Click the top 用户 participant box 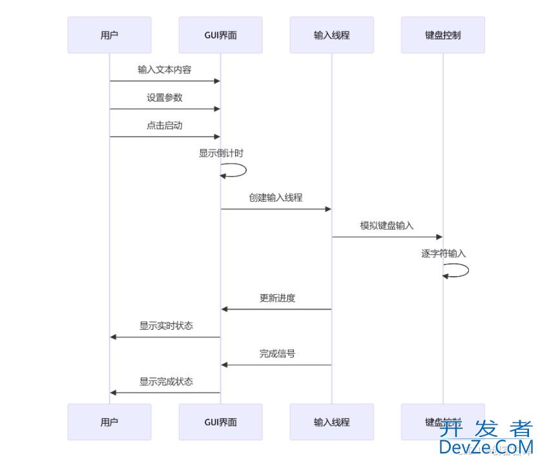[x=109, y=35]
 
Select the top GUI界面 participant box [x=220, y=35]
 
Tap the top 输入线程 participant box [x=331, y=35]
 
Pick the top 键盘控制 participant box [x=442, y=35]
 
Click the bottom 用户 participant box [x=109, y=422]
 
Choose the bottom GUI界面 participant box [x=220, y=422]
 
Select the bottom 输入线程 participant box [x=331, y=422]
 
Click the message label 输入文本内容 [x=164, y=70]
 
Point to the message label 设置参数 [x=164, y=98]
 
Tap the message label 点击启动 [x=164, y=125]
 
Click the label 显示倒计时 [x=221, y=153]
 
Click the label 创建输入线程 [x=276, y=198]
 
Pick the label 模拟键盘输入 [x=387, y=226]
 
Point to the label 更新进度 [x=277, y=298]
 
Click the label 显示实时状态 [x=166, y=326]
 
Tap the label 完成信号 [x=277, y=354]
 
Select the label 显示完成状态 [x=166, y=381]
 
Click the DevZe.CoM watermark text [x=486, y=446]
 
